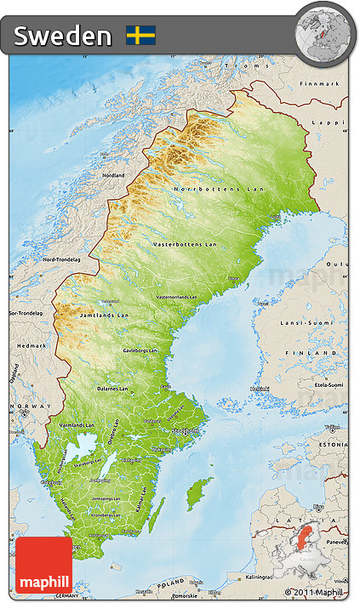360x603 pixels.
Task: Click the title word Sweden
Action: click(62, 36)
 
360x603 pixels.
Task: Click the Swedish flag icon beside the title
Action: click(140, 35)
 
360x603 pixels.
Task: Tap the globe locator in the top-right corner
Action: click(323, 31)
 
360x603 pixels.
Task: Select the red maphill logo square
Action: click(43, 565)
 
